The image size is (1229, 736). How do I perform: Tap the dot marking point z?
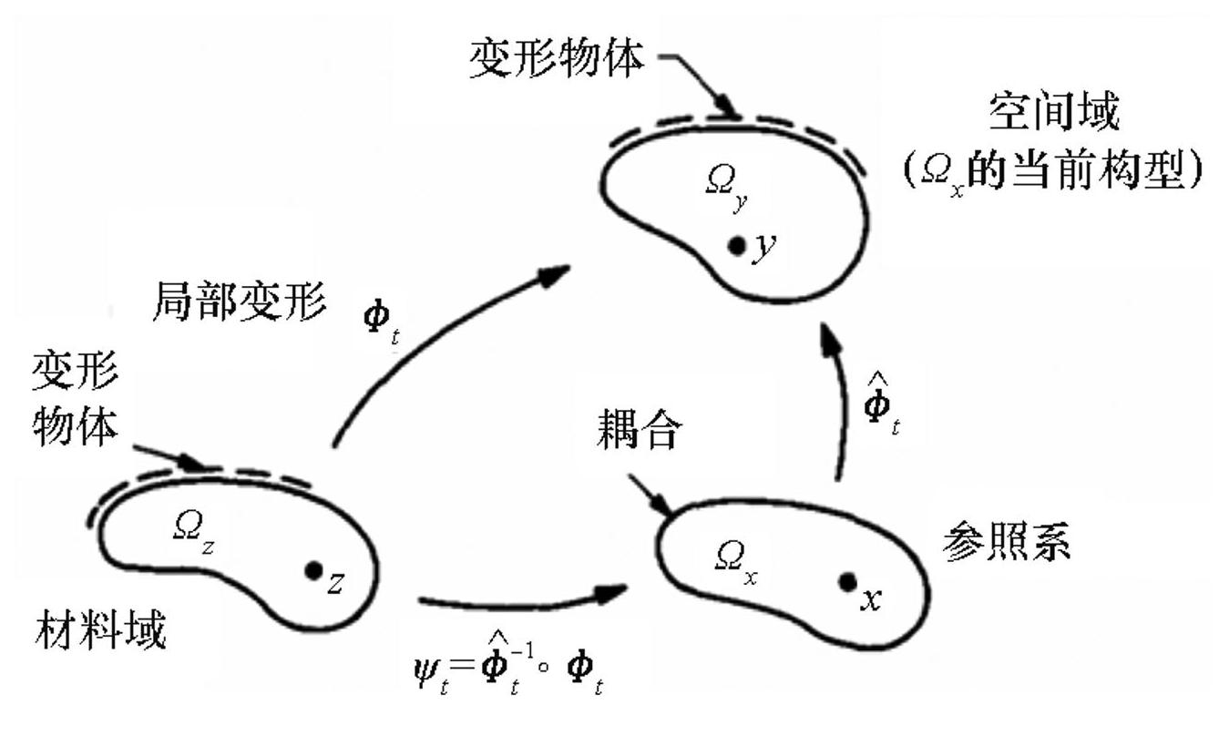[x=313, y=571]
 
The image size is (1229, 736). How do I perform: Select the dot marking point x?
[x=847, y=581]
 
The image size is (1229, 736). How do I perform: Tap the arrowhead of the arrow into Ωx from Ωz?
[x=615, y=592]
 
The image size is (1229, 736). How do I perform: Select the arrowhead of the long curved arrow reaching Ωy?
[x=555, y=273]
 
